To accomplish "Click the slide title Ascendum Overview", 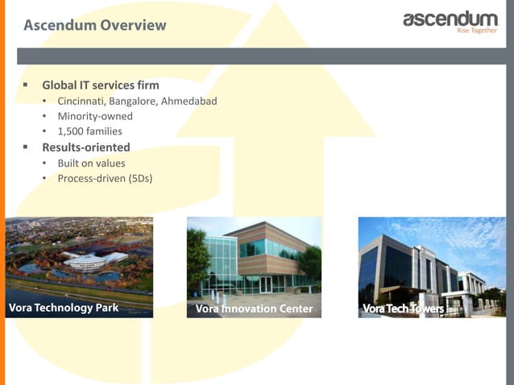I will click(x=95, y=25).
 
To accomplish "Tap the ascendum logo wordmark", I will click(x=450, y=19).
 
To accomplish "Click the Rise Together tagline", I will click(x=477, y=31).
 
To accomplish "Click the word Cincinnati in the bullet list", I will click(x=82, y=101).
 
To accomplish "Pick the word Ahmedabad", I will click(x=189, y=101).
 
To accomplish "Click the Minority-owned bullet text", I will click(x=95, y=117).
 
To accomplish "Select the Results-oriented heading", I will click(x=86, y=147).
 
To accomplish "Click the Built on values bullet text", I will click(x=91, y=163).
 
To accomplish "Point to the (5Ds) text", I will click(x=140, y=178).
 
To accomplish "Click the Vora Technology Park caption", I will click(x=64, y=308).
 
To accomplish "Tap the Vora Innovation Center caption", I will click(x=254, y=309).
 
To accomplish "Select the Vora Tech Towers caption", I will click(x=404, y=309).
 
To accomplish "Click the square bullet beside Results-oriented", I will click(x=26, y=147).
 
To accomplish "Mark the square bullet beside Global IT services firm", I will click(x=26, y=85).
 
